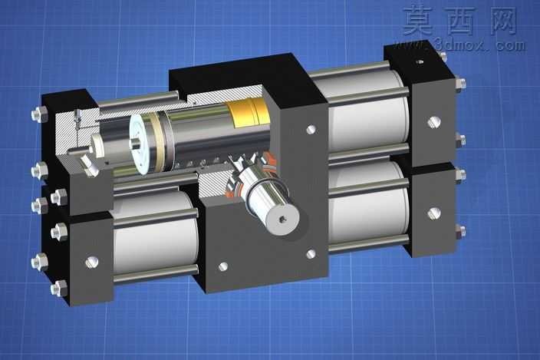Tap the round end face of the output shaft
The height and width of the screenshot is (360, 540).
pos(283,219)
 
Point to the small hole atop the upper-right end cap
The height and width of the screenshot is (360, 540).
pos(420,62)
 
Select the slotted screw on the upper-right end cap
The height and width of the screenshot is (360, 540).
pos(434,121)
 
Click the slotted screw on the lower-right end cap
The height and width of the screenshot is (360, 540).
pos(434,213)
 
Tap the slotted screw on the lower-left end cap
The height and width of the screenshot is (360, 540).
pos(92,263)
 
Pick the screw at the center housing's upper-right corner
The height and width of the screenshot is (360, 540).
pos(311,130)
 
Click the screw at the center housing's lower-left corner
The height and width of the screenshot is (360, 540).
pos(223,266)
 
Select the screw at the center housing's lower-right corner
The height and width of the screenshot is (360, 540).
pos(311,254)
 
